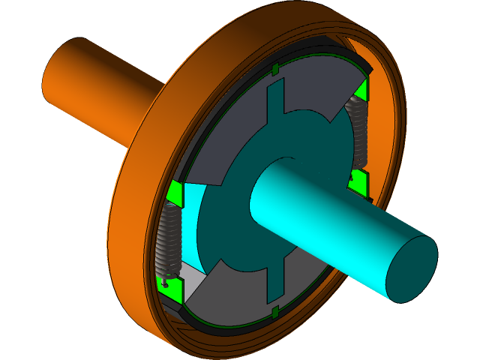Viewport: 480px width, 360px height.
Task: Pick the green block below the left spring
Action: pos(172,284)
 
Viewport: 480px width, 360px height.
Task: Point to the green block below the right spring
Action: pos(358,180)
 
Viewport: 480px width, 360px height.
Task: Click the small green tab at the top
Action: pos(275,70)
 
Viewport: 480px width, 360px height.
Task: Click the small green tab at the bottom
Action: pos(275,311)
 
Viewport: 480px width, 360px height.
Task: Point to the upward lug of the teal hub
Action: pos(276,101)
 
